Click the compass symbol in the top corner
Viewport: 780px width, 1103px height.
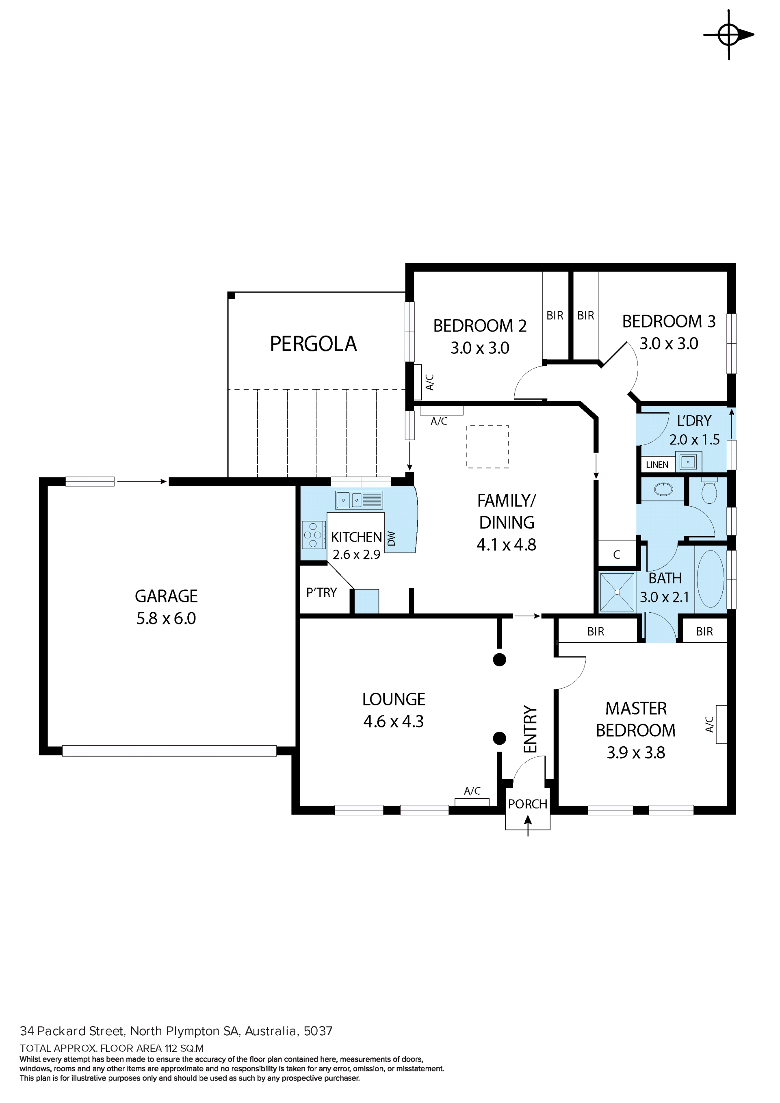(728, 35)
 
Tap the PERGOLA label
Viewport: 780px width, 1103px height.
(313, 344)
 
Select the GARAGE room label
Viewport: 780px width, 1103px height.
(166, 596)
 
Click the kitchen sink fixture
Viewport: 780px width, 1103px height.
(359, 500)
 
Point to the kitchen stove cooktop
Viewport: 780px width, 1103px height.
(313, 535)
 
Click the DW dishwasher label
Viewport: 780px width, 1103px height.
(392, 539)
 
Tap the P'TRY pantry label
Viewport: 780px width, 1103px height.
(321, 593)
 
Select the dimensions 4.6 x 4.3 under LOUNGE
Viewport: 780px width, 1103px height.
(393, 722)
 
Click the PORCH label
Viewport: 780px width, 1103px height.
(527, 804)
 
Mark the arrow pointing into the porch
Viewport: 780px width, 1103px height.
(528, 826)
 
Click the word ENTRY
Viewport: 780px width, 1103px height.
(530, 729)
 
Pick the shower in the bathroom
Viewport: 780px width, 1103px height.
(617, 592)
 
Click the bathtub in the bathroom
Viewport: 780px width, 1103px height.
(711, 579)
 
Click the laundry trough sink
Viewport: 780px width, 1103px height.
(688, 462)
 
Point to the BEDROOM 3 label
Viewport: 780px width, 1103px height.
(669, 321)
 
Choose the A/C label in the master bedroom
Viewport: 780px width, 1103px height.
(709, 724)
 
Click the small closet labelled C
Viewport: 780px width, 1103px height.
(617, 555)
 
